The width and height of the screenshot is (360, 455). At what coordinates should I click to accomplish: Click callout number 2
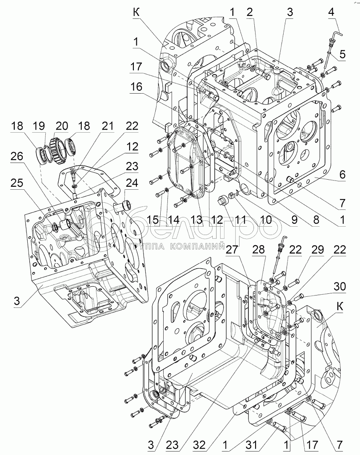pyautogui.click(x=250, y=12)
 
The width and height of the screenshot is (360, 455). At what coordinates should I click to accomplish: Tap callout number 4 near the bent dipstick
pyautogui.click(x=331, y=12)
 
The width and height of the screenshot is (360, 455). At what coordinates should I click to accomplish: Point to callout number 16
pyautogui.click(x=136, y=87)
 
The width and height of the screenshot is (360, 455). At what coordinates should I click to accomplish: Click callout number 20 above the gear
pyautogui.click(x=62, y=126)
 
